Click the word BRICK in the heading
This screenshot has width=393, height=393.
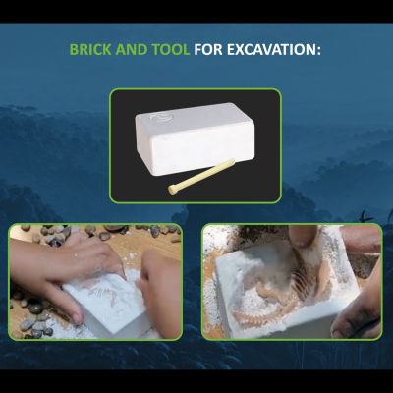pyautogui.click(x=90, y=50)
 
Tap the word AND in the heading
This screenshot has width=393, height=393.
pyautogui.click(x=132, y=50)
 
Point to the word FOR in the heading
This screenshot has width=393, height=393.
pyautogui.click(x=208, y=50)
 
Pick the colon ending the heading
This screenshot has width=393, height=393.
pyautogui.click(x=318, y=51)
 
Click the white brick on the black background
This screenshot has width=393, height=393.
pyautogui.click(x=196, y=139)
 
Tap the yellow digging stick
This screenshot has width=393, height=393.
pyautogui.click(x=201, y=176)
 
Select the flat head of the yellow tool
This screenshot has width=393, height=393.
pyautogui.click(x=172, y=190)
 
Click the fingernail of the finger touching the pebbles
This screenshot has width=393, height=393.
pyautogui.click(x=78, y=318)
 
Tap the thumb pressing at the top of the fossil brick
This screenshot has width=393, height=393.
pyautogui.click(x=303, y=237)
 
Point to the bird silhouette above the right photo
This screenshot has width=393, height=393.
pyautogui.click(x=365, y=217)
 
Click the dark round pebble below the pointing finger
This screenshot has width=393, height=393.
pyautogui.click(x=35, y=309)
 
